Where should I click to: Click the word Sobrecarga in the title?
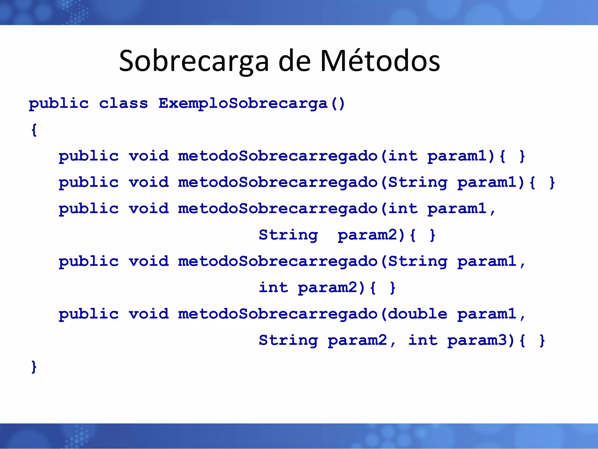point(194,61)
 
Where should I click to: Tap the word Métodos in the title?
point(380,61)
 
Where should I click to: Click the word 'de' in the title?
point(294,61)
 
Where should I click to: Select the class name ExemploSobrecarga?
point(243,103)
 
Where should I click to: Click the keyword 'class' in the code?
point(124,103)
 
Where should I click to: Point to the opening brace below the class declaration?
point(34,130)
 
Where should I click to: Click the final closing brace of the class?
point(34,367)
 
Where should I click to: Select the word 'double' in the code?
point(418,314)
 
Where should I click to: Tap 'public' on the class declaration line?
point(59,103)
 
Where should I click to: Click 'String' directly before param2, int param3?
point(288,340)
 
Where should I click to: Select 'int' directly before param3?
point(423,340)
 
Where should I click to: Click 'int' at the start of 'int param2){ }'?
point(274,288)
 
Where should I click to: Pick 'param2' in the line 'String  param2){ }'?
point(368,235)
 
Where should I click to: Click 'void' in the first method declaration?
point(149,156)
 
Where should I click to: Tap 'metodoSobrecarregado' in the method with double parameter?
point(278,314)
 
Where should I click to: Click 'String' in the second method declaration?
point(418,182)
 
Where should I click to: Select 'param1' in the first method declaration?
point(457,156)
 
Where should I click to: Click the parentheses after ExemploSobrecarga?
point(338,103)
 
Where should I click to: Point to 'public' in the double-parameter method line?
point(88,314)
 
